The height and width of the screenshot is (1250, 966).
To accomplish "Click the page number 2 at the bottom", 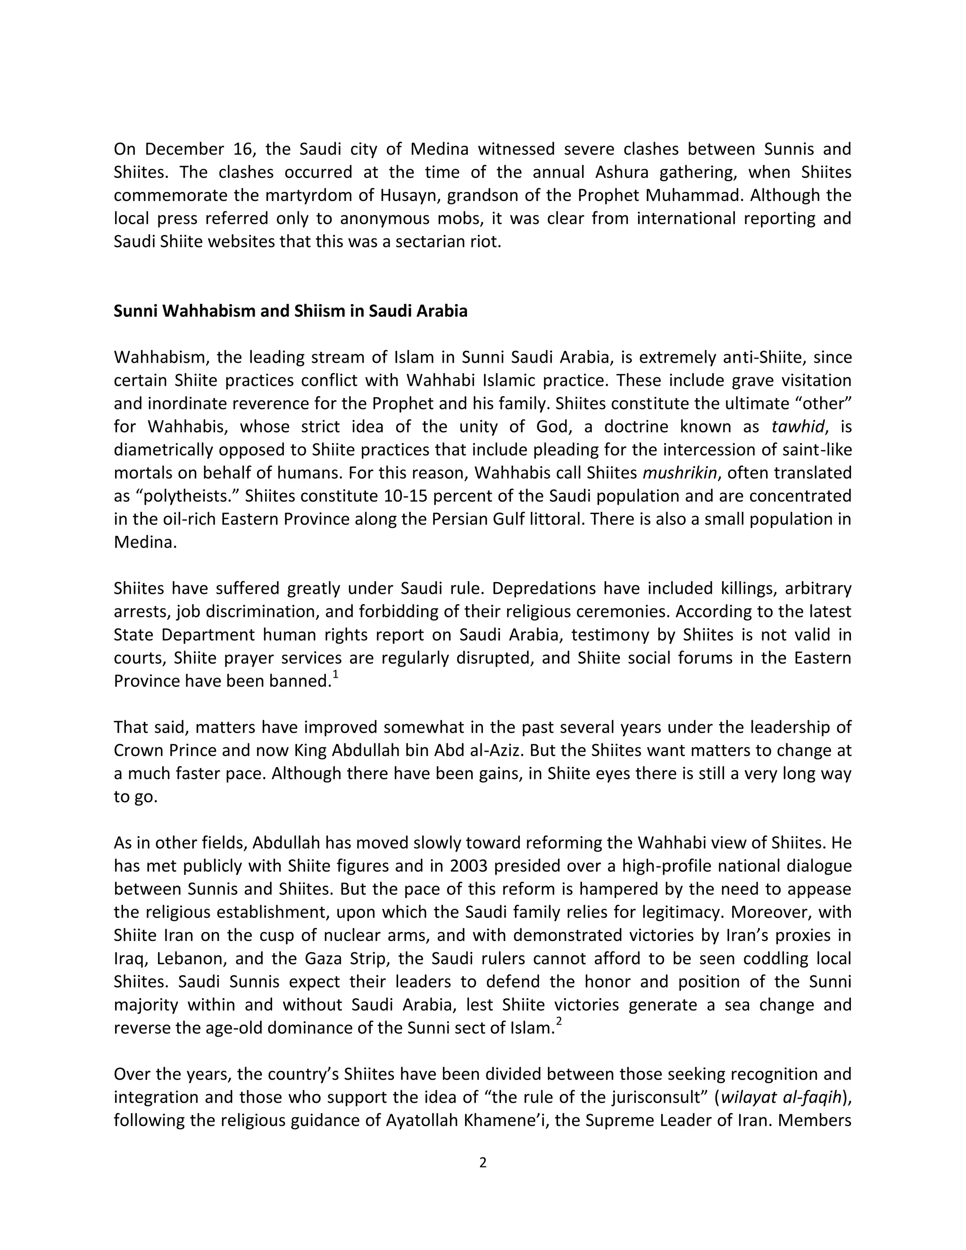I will (x=483, y=1162).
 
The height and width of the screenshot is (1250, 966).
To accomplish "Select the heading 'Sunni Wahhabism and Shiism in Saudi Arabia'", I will (x=290, y=311).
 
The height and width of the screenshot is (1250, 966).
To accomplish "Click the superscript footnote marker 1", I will (x=335, y=675).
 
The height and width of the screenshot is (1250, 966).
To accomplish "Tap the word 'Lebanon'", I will (x=191, y=958).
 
